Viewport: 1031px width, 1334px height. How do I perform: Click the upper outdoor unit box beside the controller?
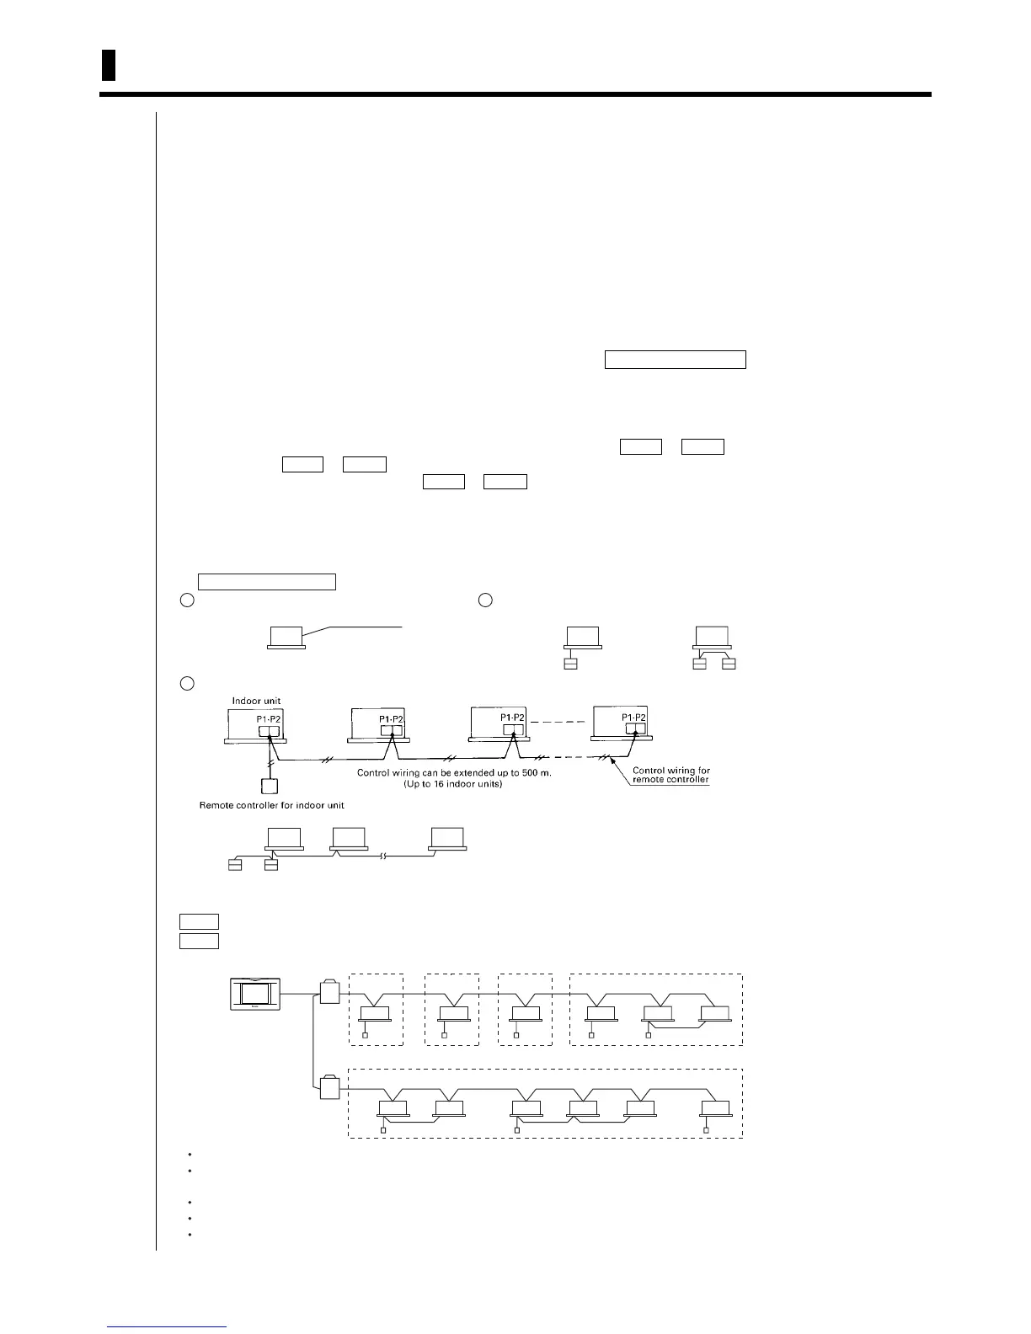[x=329, y=993]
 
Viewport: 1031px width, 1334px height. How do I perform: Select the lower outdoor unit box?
[x=329, y=1089]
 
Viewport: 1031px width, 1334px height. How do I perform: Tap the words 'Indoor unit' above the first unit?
[x=257, y=701]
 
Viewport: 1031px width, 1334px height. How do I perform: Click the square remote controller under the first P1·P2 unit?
[x=269, y=787]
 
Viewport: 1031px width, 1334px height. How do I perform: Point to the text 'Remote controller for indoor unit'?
[x=271, y=805]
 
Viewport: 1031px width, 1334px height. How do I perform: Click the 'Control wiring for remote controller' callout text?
[x=670, y=775]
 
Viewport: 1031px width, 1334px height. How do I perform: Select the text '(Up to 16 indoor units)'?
[x=454, y=784]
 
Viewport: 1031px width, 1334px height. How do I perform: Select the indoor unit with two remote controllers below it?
[x=712, y=638]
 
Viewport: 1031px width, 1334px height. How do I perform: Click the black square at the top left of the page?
[x=108, y=65]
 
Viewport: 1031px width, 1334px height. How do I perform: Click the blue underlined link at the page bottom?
[x=167, y=1327]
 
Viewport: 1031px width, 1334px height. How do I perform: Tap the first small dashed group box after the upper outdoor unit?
[x=376, y=1009]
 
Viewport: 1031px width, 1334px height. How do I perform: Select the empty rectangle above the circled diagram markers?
[x=266, y=581]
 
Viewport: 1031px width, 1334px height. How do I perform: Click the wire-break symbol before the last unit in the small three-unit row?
[x=384, y=856]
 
